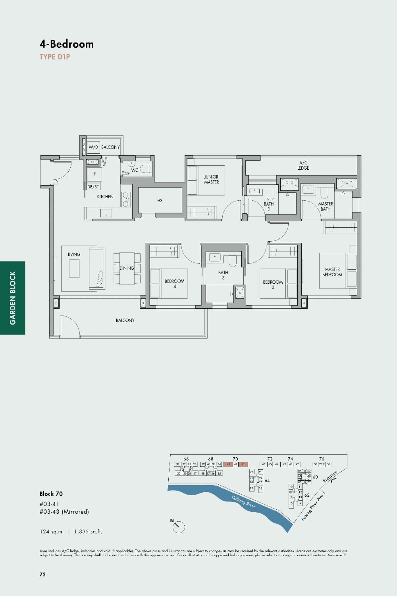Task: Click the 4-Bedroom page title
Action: click(x=67, y=44)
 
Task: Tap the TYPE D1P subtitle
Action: click(x=55, y=57)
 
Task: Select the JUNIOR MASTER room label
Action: click(x=211, y=180)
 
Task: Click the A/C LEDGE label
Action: click(x=303, y=165)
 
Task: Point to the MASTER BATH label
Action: click(x=326, y=206)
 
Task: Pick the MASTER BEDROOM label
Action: click(x=332, y=272)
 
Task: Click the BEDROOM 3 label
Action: click(x=273, y=284)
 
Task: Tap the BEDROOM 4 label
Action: click(x=174, y=284)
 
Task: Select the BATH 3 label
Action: click(x=223, y=275)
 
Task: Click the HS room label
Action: click(x=160, y=201)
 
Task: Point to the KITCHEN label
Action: click(x=105, y=196)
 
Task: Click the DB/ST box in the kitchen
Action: click(x=93, y=186)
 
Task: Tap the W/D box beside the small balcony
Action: click(x=93, y=147)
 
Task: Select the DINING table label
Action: click(x=127, y=268)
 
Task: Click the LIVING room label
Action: click(x=74, y=254)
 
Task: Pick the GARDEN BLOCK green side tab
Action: click(x=13, y=298)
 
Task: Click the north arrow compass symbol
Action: click(x=178, y=526)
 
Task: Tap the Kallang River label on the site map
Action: click(x=243, y=502)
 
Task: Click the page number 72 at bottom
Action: click(x=42, y=574)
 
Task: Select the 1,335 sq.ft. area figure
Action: click(x=88, y=532)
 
